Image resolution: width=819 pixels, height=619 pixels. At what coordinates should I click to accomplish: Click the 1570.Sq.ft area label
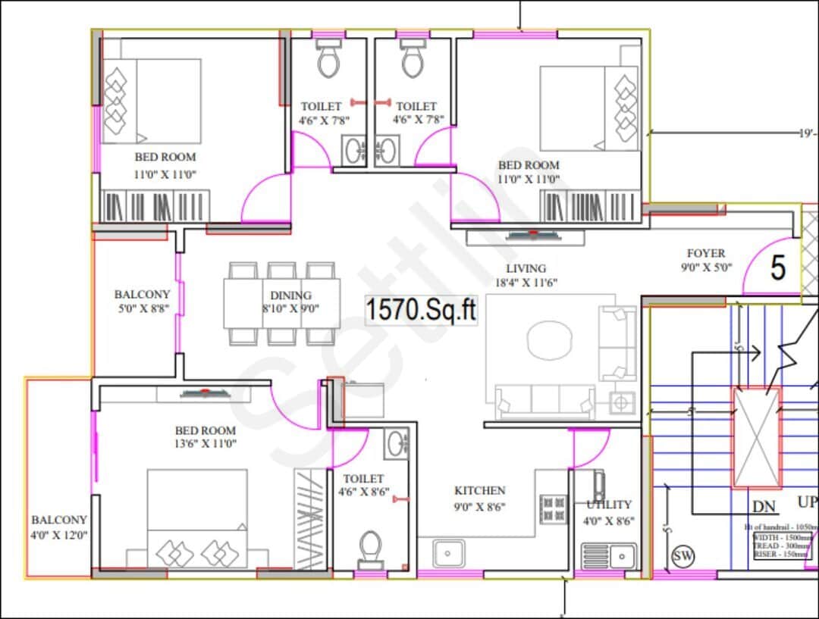click(421, 311)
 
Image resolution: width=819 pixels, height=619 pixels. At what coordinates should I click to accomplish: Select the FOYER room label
click(705, 254)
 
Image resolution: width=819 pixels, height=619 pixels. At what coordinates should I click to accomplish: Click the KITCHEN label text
click(479, 491)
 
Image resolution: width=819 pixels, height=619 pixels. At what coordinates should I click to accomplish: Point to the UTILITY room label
click(609, 505)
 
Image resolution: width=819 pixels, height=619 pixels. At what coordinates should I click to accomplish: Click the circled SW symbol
click(682, 557)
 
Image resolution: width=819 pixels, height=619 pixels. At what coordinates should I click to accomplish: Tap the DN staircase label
click(764, 507)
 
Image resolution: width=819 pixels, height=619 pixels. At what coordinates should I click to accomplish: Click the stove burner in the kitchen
click(553, 508)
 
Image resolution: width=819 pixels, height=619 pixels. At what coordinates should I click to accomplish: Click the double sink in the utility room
click(609, 555)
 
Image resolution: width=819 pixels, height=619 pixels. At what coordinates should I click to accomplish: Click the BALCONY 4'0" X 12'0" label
click(59, 527)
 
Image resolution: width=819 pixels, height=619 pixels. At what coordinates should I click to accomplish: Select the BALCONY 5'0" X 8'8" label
click(142, 302)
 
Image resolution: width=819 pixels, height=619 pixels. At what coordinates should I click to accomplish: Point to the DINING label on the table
click(290, 295)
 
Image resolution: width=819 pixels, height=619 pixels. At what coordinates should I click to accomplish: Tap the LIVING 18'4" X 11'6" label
click(526, 275)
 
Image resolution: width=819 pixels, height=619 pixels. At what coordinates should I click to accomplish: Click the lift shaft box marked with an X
click(756, 437)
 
